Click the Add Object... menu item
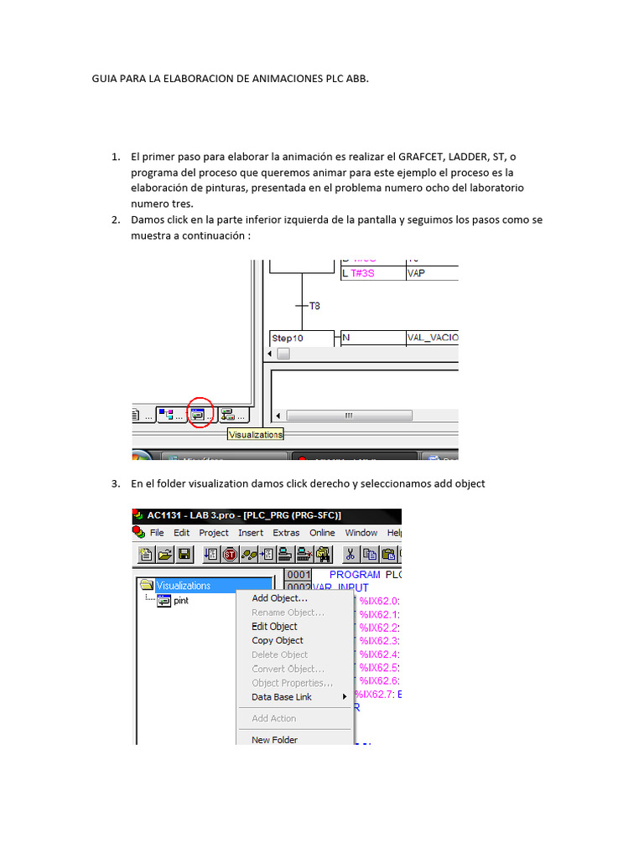point(279,598)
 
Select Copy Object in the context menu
point(277,640)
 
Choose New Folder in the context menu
point(274,740)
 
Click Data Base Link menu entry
point(282,697)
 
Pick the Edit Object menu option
point(274,626)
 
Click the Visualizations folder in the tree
point(182,586)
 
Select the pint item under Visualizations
point(180,601)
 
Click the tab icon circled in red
point(199,413)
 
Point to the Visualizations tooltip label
point(256,434)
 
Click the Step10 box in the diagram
point(288,338)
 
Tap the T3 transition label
point(314,307)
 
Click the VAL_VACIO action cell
point(432,338)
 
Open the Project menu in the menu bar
point(214,533)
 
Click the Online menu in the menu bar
point(322,533)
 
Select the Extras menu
point(286,533)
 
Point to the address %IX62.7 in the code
point(372,695)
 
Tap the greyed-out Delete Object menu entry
point(279,654)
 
